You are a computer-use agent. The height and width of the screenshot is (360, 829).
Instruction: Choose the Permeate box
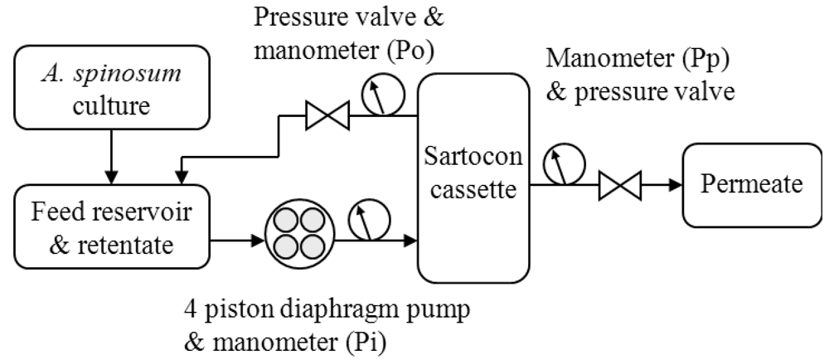coord(751,183)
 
